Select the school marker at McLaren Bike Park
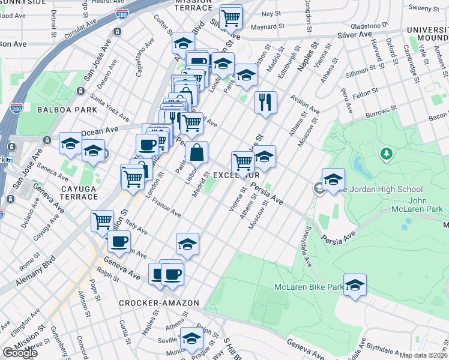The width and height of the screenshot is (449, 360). tap(355, 285)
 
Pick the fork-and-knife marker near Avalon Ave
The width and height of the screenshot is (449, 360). tap(265, 101)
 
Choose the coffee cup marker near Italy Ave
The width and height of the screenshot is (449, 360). tap(118, 241)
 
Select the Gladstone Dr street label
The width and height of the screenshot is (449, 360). tap(369, 26)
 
